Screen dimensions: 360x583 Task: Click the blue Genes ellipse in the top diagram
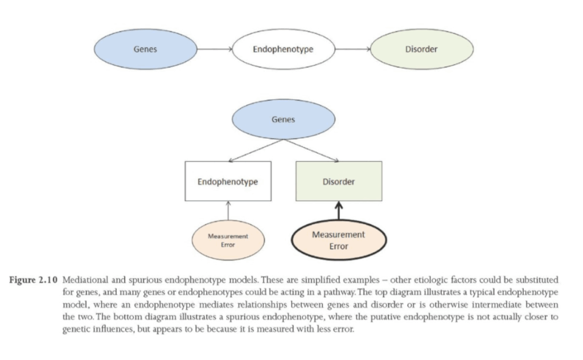tap(145, 50)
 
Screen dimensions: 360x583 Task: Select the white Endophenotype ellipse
tap(282, 50)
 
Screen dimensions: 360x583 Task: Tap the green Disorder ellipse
tap(421, 50)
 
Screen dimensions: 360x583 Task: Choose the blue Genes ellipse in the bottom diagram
tap(283, 120)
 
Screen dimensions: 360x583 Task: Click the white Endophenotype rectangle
tap(228, 182)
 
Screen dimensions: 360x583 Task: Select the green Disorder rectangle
tap(339, 182)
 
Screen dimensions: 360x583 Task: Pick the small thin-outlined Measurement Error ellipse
tap(228, 240)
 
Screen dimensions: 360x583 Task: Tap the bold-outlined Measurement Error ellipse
tap(339, 240)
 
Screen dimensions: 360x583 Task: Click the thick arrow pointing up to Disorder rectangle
tap(339, 210)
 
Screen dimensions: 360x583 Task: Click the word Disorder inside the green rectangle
tap(339, 182)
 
